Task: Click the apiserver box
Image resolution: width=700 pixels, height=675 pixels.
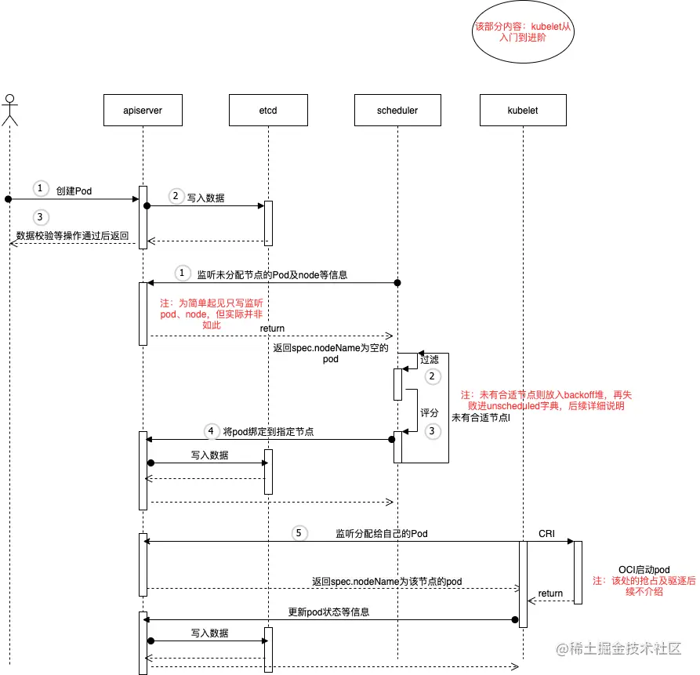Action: [143, 111]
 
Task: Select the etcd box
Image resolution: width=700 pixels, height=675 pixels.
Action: [267, 111]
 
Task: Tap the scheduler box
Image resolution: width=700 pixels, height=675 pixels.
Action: [397, 111]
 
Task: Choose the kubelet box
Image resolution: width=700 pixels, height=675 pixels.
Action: [522, 111]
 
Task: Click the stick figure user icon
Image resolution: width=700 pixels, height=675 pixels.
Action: [9, 110]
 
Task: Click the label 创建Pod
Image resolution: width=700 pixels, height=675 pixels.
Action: [74, 191]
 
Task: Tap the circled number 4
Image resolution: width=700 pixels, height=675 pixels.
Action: [210, 431]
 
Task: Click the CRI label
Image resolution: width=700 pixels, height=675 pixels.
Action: [546, 533]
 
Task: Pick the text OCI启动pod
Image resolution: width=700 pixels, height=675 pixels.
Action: [644, 570]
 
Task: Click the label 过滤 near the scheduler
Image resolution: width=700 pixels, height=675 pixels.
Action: [430, 360]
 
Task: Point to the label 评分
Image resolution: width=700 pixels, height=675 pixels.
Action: [430, 412]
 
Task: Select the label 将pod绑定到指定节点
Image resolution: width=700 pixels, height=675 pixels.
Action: [268, 432]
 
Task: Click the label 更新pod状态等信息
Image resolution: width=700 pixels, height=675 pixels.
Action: [328, 611]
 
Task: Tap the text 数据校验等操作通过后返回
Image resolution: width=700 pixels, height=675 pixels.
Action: [72, 235]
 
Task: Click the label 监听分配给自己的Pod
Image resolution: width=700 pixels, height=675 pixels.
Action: [381, 533]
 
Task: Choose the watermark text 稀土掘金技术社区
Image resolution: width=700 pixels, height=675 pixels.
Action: [626, 650]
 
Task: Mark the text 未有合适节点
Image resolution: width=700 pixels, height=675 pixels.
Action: [481, 418]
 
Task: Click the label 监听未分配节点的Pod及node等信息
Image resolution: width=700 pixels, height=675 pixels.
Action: [271, 275]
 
